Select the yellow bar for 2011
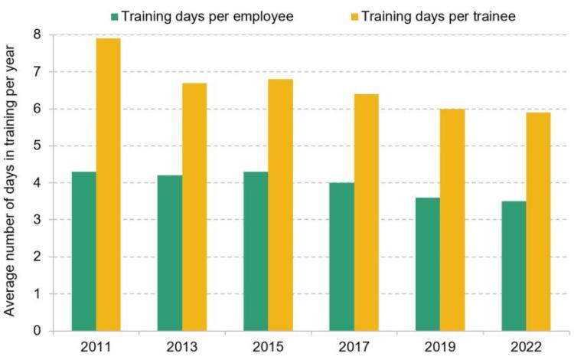pos(109,185)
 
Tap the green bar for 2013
pos(170,253)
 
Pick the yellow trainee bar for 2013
pos(194,207)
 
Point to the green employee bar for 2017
pos(341,257)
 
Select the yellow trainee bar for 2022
pos(537,222)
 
